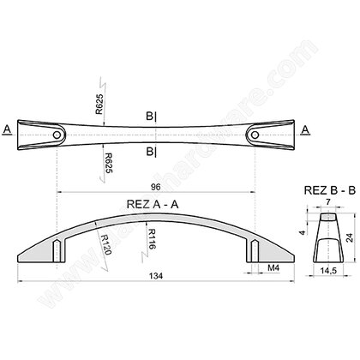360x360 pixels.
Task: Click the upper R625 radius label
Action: [100, 104]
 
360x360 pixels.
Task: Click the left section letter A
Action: [7, 129]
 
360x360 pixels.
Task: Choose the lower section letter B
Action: [149, 152]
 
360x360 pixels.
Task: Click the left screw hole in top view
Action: [57, 134]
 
